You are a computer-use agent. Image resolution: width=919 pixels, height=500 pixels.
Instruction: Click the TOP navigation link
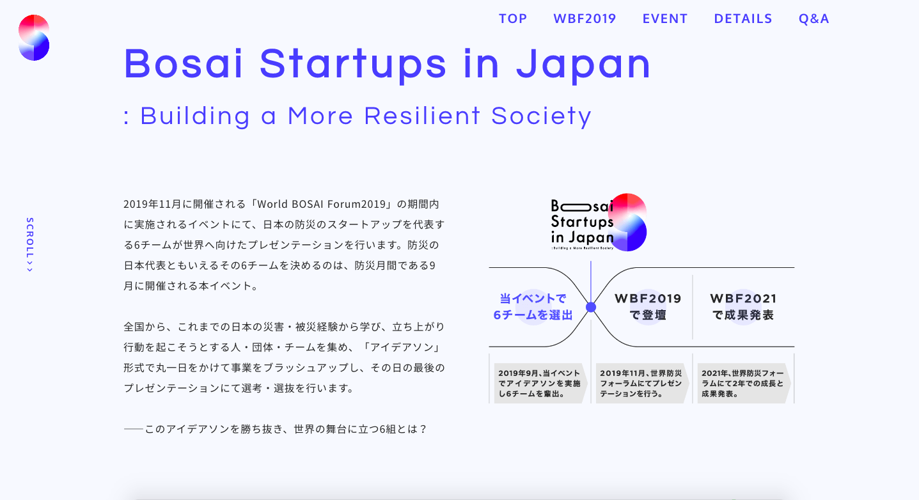click(x=513, y=19)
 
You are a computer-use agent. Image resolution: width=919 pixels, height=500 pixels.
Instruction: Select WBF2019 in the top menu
click(x=585, y=19)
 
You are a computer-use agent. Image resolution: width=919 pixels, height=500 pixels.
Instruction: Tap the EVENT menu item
click(x=665, y=19)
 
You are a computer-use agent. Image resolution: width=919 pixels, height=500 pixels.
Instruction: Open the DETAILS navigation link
click(x=743, y=19)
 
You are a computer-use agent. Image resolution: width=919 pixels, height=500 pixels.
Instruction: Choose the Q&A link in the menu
click(x=813, y=19)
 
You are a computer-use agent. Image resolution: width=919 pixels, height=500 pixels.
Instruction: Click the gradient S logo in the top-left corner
click(x=34, y=38)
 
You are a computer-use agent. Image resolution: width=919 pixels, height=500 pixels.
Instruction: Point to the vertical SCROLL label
click(x=29, y=244)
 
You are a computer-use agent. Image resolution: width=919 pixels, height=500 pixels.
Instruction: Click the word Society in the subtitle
click(x=541, y=116)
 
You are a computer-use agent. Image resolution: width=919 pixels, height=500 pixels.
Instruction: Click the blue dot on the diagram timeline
click(x=591, y=307)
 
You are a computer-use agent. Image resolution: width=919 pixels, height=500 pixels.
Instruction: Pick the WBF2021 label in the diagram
click(x=743, y=299)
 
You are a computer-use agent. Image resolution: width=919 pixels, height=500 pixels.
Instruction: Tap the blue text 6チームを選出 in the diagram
click(x=533, y=315)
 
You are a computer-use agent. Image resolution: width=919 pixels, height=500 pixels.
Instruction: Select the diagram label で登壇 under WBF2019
click(x=648, y=315)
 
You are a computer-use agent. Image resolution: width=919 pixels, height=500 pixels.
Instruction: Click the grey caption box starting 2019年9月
click(x=540, y=384)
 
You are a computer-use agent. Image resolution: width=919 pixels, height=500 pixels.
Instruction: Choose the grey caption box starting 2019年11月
click(x=641, y=384)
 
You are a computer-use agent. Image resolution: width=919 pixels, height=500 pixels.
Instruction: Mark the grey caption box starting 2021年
click(x=743, y=384)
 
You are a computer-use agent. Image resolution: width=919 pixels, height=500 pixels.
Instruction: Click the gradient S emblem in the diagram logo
click(x=629, y=222)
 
